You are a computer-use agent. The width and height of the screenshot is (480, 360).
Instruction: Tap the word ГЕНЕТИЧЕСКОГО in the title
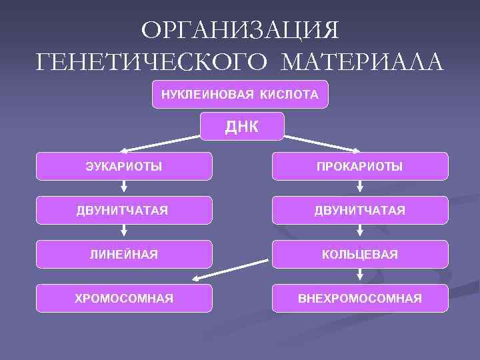(154, 63)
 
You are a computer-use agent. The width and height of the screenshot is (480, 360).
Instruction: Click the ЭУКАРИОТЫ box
(124, 166)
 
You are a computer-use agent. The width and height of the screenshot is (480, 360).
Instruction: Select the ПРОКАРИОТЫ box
(360, 166)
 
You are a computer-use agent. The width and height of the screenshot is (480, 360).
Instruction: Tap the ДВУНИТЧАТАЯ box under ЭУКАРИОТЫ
(124, 210)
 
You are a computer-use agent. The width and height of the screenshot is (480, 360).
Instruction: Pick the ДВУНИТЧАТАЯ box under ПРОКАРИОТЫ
(360, 210)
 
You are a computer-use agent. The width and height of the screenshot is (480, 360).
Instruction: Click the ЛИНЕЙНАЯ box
(124, 254)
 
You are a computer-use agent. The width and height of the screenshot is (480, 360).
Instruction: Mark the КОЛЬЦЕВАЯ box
(360, 254)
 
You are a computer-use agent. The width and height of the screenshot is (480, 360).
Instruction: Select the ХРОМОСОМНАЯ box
(124, 298)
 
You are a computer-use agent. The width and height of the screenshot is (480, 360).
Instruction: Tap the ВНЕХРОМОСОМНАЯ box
(360, 298)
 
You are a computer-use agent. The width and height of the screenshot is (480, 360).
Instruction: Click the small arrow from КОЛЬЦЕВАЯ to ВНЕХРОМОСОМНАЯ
(360, 276)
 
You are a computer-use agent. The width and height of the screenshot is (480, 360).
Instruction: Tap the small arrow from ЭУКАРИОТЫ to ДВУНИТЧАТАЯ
(124, 188)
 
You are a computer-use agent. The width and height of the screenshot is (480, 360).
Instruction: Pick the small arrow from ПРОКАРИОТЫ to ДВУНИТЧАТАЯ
(360, 188)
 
